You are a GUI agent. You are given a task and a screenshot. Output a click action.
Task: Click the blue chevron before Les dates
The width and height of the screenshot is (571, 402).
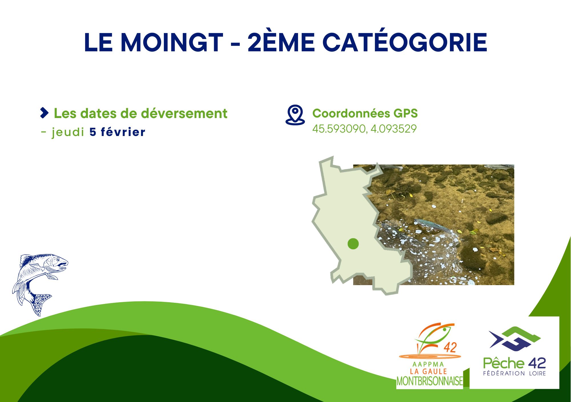click(45, 113)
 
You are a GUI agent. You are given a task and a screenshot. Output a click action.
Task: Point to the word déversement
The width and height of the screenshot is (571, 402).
click(184, 113)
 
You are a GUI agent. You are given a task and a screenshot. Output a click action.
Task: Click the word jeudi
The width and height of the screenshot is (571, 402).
click(68, 132)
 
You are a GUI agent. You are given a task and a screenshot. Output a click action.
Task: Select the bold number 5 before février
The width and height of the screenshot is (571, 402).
click(93, 132)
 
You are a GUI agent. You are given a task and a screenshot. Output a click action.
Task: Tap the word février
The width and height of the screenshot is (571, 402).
click(123, 132)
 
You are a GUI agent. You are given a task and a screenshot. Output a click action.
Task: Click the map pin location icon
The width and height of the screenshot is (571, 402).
click(295, 115)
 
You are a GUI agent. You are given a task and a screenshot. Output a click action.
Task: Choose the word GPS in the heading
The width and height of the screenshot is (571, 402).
click(405, 113)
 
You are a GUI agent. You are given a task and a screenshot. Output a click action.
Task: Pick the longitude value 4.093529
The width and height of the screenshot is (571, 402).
click(394, 129)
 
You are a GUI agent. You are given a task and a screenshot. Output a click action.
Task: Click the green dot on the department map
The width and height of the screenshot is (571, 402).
click(353, 244)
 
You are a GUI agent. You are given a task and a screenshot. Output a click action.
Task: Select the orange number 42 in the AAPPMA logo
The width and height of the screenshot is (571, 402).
click(450, 347)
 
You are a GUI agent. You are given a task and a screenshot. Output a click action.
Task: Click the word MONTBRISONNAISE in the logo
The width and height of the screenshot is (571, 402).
click(430, 381)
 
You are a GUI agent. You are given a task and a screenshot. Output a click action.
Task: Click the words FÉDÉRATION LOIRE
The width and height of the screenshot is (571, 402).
click(514, 373)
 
